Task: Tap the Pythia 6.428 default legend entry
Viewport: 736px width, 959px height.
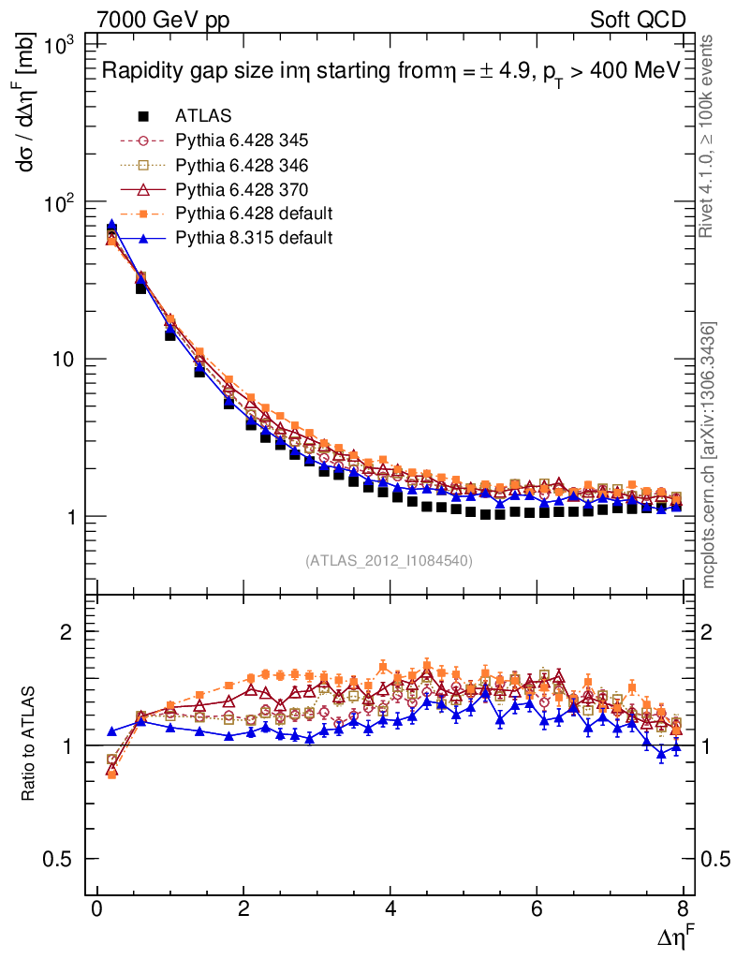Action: tap(254, 214)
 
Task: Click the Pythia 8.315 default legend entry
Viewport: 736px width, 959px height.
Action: tap(254, 238)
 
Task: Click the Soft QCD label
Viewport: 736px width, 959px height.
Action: tap(639, 20)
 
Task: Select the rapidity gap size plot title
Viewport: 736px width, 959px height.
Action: tap(390, 73)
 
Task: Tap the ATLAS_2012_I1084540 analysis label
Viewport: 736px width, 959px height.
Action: tap(389, 561)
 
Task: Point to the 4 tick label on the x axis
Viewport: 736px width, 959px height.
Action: tap(390, 908)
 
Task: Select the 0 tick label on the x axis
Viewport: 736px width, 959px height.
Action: tap(97, 908)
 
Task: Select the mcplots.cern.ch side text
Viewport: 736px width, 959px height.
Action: tap(709, 454)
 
